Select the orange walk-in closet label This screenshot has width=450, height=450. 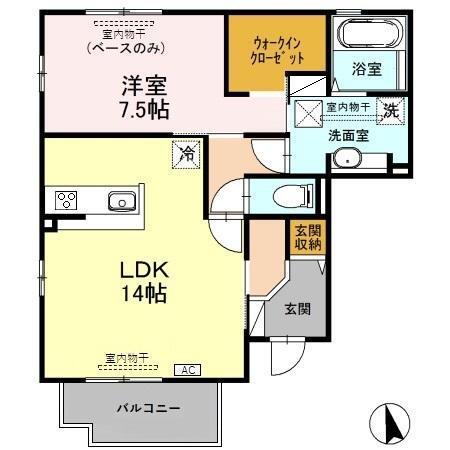click(x=276, y=51)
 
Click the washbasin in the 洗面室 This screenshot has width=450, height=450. click(x=347, y=158)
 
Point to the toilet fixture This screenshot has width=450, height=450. click(x=300, y=195)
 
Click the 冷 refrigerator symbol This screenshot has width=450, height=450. click(x=185, y=153)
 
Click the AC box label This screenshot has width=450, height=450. click(x=187, y=370)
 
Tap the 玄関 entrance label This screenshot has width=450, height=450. click(x=296, y=308)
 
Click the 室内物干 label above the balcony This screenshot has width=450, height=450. click(x=126, y=357)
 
